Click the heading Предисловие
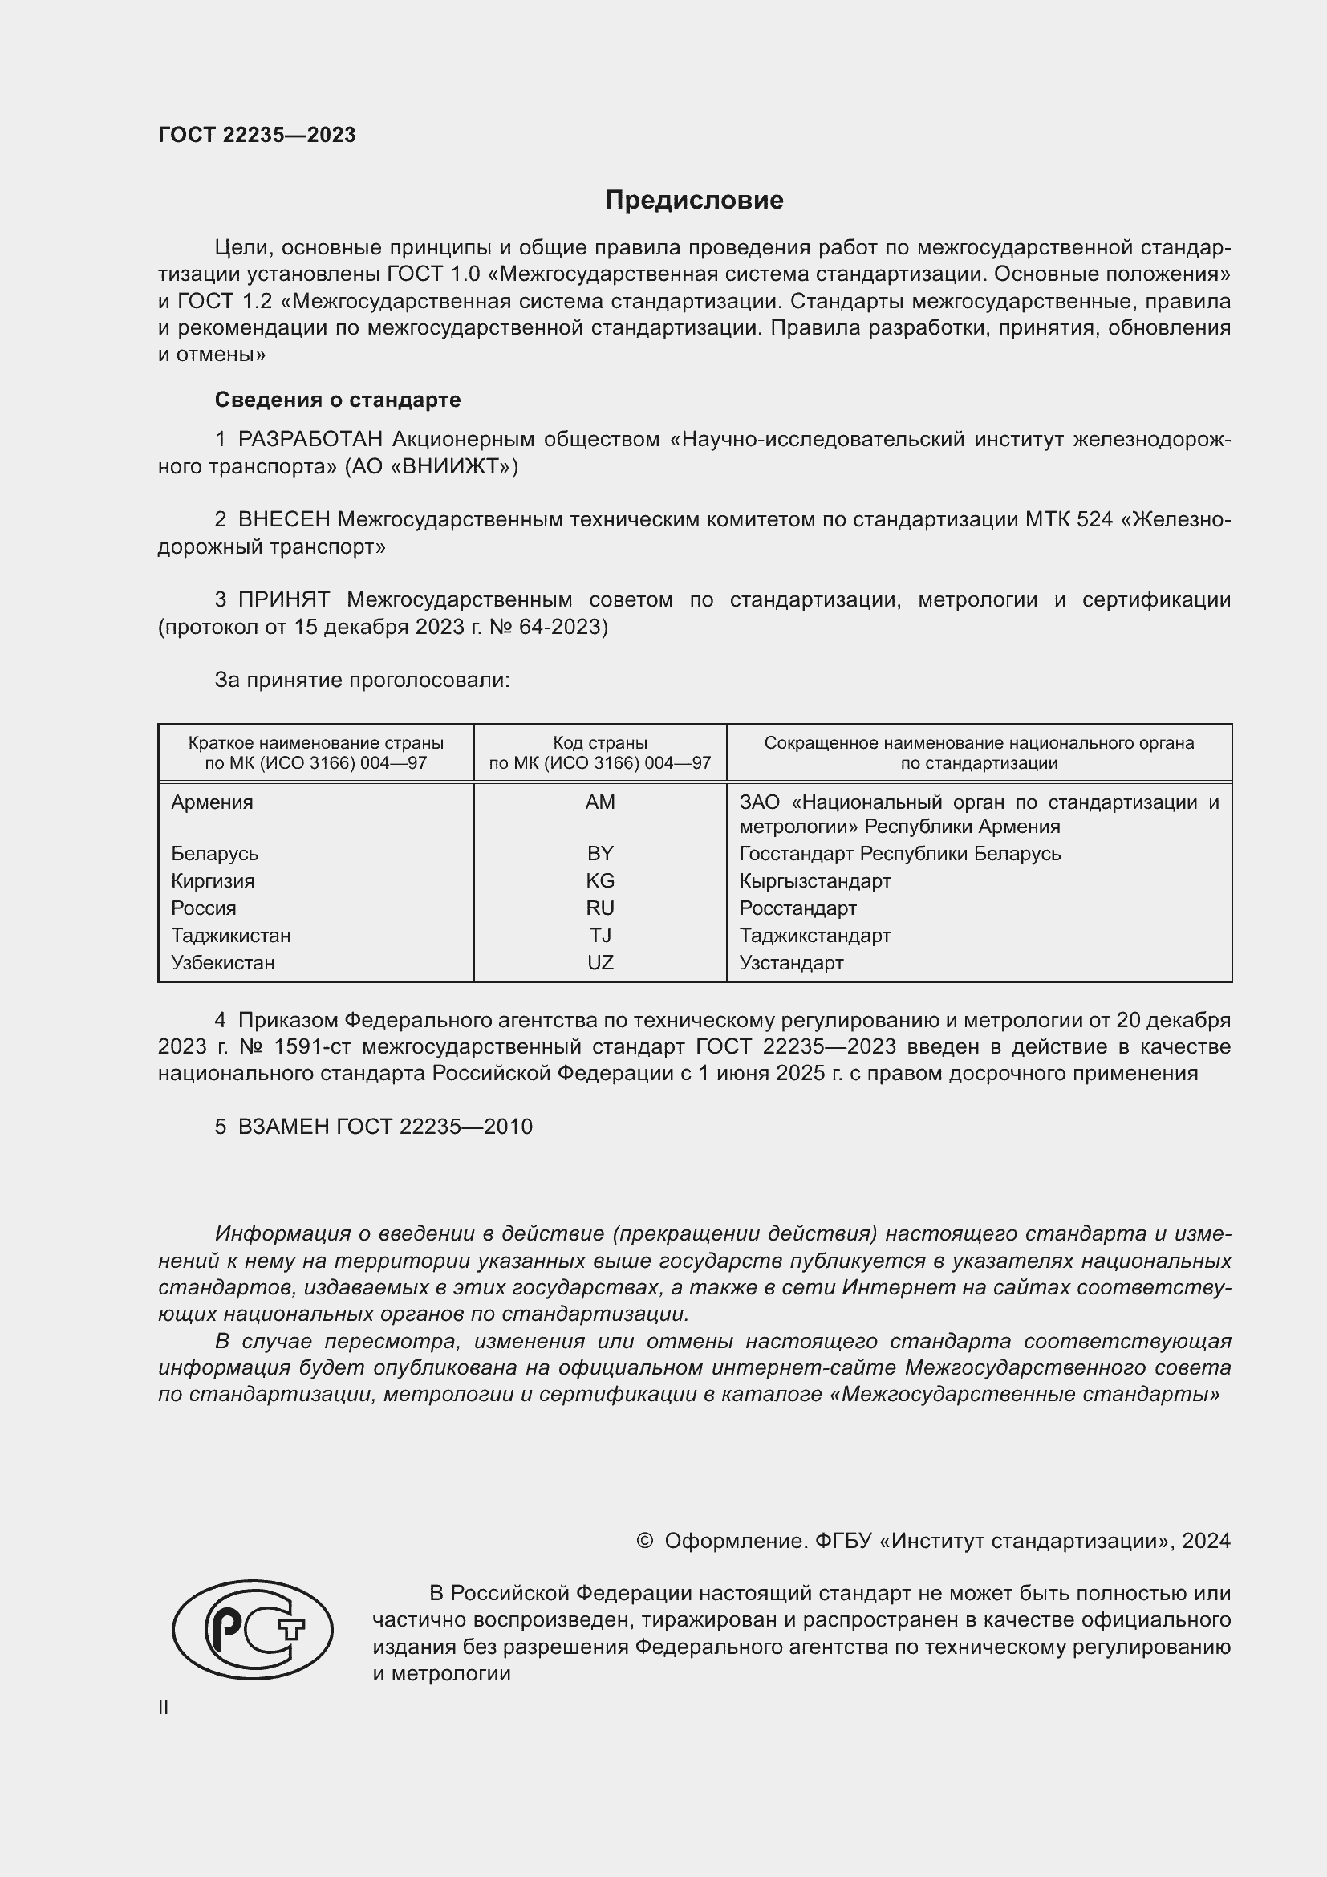(694, 201)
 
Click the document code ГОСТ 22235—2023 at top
(257, 135)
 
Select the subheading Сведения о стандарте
(338, 400)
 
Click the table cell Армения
(213, 802)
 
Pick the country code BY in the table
(600, 854)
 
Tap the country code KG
(600, 880)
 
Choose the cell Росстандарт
(797, 908)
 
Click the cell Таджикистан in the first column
(230, 935)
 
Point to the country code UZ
(600, 962)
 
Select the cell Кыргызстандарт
(814, 880)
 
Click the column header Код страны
(600, 743)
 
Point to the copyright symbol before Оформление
(644, 1541)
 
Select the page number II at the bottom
(164, 1708)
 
